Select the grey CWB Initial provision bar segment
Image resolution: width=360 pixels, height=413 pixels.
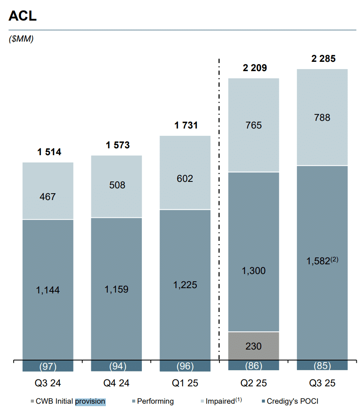coord(253,346)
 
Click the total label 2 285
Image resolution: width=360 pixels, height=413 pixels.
coord(323,59)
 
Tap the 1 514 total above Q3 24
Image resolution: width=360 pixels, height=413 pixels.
coord(49,152)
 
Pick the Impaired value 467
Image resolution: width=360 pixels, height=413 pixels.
coord(48,197)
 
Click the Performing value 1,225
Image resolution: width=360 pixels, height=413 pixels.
coord(185,285)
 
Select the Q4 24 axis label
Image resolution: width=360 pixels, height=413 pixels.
coord(116,383)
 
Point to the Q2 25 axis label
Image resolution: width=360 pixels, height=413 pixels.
coord(253,383)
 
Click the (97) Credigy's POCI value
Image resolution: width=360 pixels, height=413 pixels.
coord(48,367)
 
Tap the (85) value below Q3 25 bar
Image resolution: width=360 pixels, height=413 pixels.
coord(322,366)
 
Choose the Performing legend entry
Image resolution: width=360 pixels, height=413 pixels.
coord(155,401)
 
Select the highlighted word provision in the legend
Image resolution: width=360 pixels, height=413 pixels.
coord(90,401)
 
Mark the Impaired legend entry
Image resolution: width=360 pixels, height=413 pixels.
coord(220,401)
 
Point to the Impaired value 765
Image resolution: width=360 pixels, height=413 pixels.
coord(253,125)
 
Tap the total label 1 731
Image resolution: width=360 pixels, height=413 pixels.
coord(186,126)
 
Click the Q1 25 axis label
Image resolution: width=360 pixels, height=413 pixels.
coord(185,383)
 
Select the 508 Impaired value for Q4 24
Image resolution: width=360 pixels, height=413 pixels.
coord(117,185)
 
